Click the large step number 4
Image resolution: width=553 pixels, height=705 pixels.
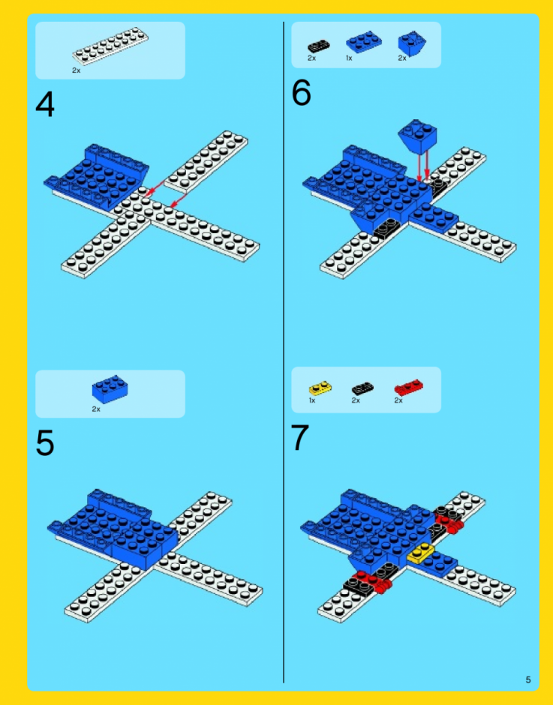[45, 104]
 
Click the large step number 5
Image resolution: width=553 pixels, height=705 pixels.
[45, 442]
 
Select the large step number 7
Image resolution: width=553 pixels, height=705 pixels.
[300, 437]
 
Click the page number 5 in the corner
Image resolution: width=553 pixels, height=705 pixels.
[528, 679]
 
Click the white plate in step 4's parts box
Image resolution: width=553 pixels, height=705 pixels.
[111, 46]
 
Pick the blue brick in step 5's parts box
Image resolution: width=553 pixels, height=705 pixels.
[110, 389]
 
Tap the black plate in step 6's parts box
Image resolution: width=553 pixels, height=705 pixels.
[319, 46]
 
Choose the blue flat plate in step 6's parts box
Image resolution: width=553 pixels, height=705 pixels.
[364, 42]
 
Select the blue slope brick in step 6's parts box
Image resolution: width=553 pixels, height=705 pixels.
[412, 43]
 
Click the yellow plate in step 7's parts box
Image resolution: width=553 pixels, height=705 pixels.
[320, 388]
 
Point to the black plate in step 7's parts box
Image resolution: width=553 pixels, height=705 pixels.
[362, 388]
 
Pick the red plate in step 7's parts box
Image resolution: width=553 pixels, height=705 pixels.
[409, 387]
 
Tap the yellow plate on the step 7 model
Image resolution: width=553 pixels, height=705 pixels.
[421, 552]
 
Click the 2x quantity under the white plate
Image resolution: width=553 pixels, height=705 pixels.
[76, 70]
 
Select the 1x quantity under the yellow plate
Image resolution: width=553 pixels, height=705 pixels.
[312, 400]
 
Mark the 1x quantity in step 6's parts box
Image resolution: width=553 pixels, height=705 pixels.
[349, 58]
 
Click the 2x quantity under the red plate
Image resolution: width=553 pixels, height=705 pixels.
[398, 400]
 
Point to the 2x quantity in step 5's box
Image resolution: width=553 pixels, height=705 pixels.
[96, 409]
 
